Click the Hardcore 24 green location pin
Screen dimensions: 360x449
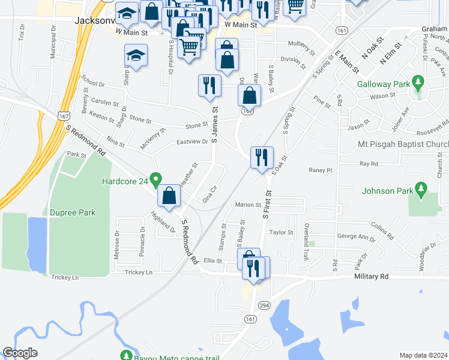(x=155, y=179)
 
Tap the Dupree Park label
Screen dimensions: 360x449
(x=73, y=212)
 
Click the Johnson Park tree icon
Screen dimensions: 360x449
(x=421, y=191)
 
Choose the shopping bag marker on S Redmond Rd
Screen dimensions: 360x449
(x=169, y=195)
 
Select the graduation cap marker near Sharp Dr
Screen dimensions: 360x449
(x=136, y=55)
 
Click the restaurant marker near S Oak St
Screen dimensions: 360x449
(x=262, y=157)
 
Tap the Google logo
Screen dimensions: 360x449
(x=20, y=353)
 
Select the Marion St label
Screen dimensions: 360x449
(x=248, y=205)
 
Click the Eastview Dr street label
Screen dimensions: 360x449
(x=191, y=142)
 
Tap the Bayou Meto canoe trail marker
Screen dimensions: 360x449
(x=126, y=355)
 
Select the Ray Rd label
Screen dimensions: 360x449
(x=368, y=163)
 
